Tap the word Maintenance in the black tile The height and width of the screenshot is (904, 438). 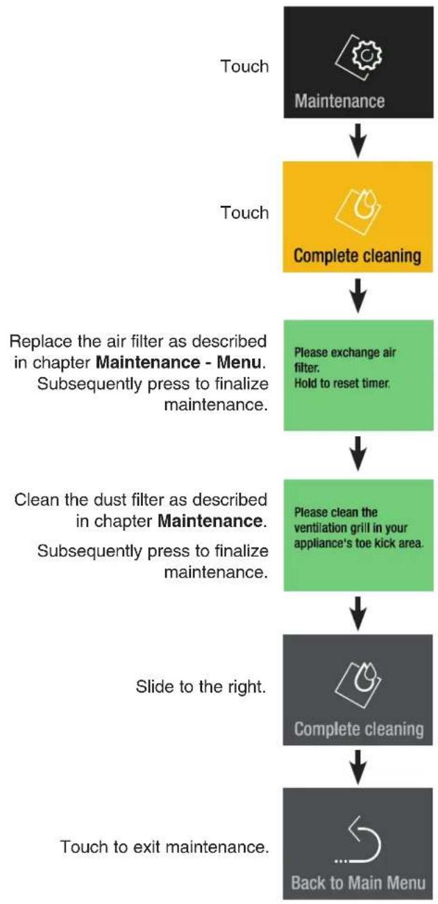(339, 101)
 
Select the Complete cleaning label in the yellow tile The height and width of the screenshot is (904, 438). (357, 256)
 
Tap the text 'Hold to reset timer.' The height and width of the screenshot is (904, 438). (342, 383)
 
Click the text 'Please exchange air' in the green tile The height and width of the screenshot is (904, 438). (345, 352)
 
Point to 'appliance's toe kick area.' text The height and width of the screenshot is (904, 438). (359, 544)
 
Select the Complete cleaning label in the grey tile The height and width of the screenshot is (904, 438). (359, 729)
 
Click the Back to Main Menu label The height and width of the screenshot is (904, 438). (358, 883)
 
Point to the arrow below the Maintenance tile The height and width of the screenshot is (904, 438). (358, 140)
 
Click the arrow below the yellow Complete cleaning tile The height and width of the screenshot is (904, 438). (358, 295)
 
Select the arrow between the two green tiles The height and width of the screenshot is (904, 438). (358, 453)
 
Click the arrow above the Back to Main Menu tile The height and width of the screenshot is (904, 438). (358, 767)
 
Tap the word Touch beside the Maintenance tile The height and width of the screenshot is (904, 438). (244, 66)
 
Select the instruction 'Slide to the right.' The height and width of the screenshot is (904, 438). (201, 686)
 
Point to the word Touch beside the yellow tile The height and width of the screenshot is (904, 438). (244, 213)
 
